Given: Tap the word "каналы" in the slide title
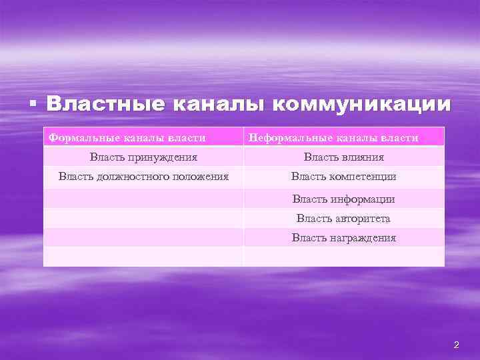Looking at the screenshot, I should point(217,105).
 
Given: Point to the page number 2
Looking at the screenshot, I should point(456,345).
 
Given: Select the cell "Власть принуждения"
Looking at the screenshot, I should point(143,157).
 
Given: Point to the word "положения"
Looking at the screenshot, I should point(199,177).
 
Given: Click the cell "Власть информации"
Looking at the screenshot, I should point(343,199).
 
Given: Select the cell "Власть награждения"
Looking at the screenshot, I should point(343,237).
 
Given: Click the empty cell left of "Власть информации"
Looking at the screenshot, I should point(143,199).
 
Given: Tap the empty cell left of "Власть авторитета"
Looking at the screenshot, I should point(143,218).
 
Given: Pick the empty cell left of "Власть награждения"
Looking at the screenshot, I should point(143,237).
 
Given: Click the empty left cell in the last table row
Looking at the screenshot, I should point(143,257).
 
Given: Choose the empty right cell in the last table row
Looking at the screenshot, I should point(343,257).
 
